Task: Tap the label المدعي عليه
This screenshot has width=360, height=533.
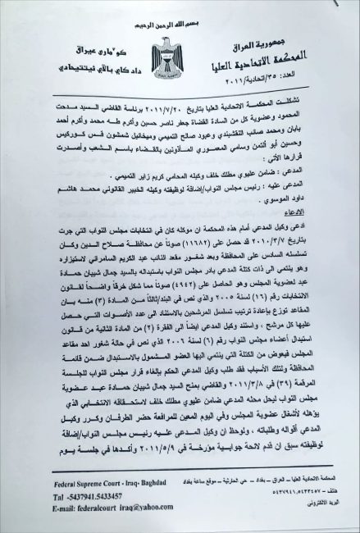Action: coord(320,187)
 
